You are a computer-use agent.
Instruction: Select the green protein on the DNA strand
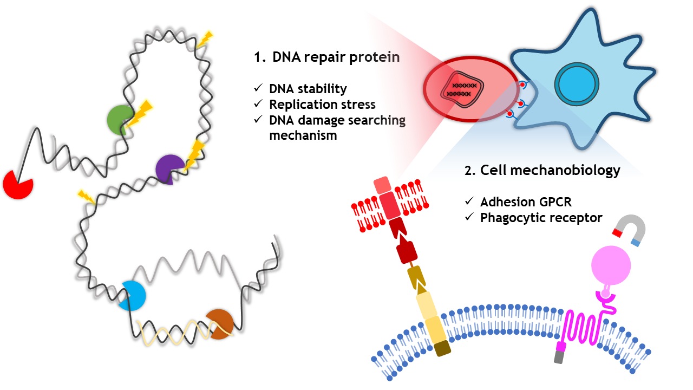(119, 120)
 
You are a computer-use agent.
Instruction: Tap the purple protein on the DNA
(168, 169)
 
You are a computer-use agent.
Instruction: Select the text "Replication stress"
(322, 105)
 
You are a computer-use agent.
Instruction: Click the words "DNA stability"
(308, 89)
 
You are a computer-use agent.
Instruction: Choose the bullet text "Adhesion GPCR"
(526, 202)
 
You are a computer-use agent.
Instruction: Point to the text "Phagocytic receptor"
(541, 218)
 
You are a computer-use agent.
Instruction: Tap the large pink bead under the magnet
(611, 265)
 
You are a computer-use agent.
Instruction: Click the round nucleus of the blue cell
(577, 84)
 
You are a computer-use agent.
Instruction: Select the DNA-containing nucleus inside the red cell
(462, 89)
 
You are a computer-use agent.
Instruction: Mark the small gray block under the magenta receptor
(558, 357)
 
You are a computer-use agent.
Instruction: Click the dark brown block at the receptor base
(442, 348)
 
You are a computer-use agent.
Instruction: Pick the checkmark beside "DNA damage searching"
(258, 119)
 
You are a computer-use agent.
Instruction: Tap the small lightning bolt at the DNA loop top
(205, 40)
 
